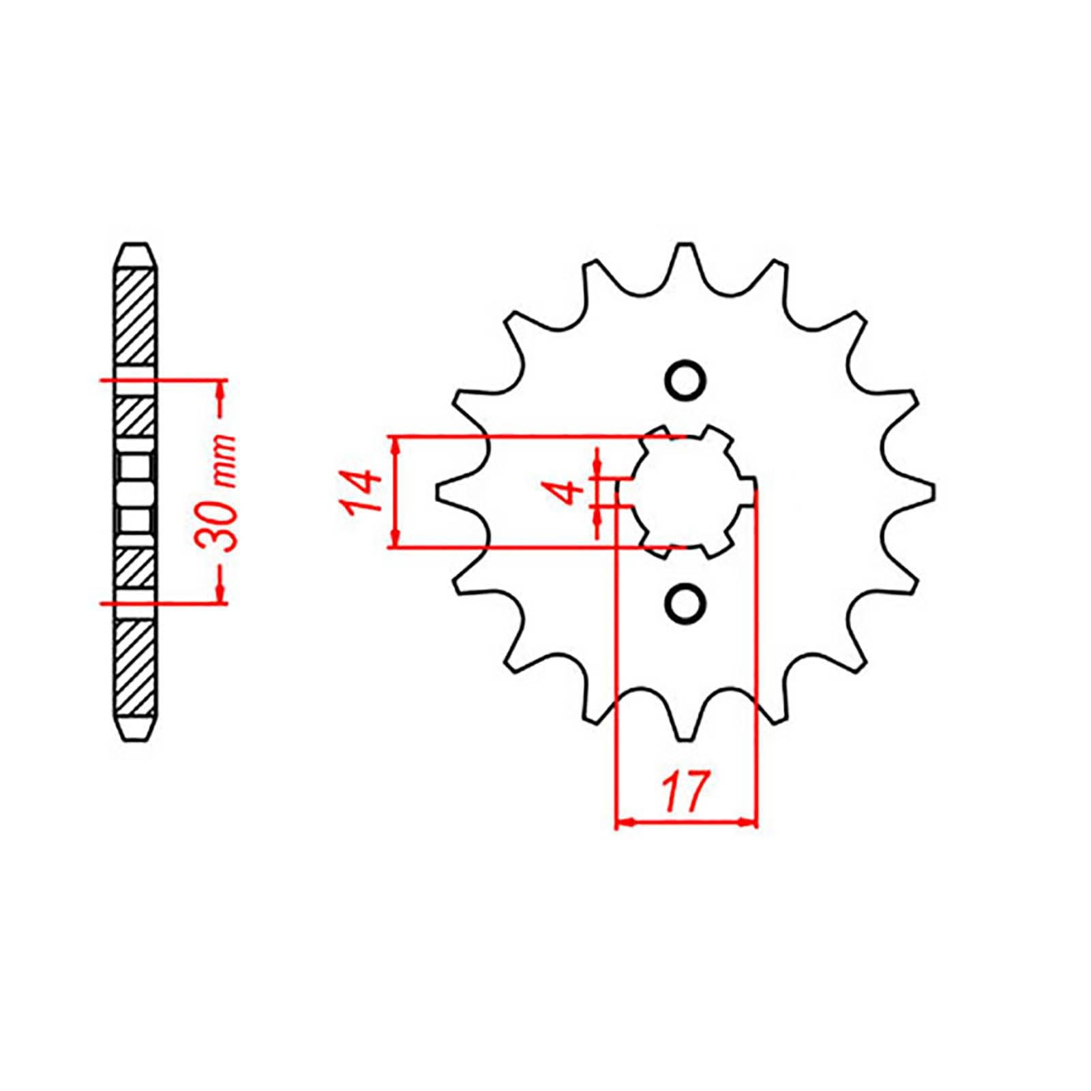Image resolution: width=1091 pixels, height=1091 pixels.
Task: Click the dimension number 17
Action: coord(685,792)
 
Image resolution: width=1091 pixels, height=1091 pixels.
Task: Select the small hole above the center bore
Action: coord(685,380)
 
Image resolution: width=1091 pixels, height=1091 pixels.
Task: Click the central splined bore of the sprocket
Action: coord(685,491)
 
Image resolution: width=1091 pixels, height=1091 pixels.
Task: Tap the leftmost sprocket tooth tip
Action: coord(440,492)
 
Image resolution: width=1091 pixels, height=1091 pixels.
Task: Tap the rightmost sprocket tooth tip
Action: coord(931,492)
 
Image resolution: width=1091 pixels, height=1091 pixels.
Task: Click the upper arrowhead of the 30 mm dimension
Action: coord(220,389)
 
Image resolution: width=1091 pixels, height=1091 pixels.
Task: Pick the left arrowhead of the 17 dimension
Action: coord(624,824)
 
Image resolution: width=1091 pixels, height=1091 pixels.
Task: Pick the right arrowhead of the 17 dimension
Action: coord(749,824)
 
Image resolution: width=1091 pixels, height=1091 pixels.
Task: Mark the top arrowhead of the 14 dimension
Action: coord(395,444)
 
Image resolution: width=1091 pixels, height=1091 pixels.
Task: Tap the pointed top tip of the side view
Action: coord(136,245)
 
